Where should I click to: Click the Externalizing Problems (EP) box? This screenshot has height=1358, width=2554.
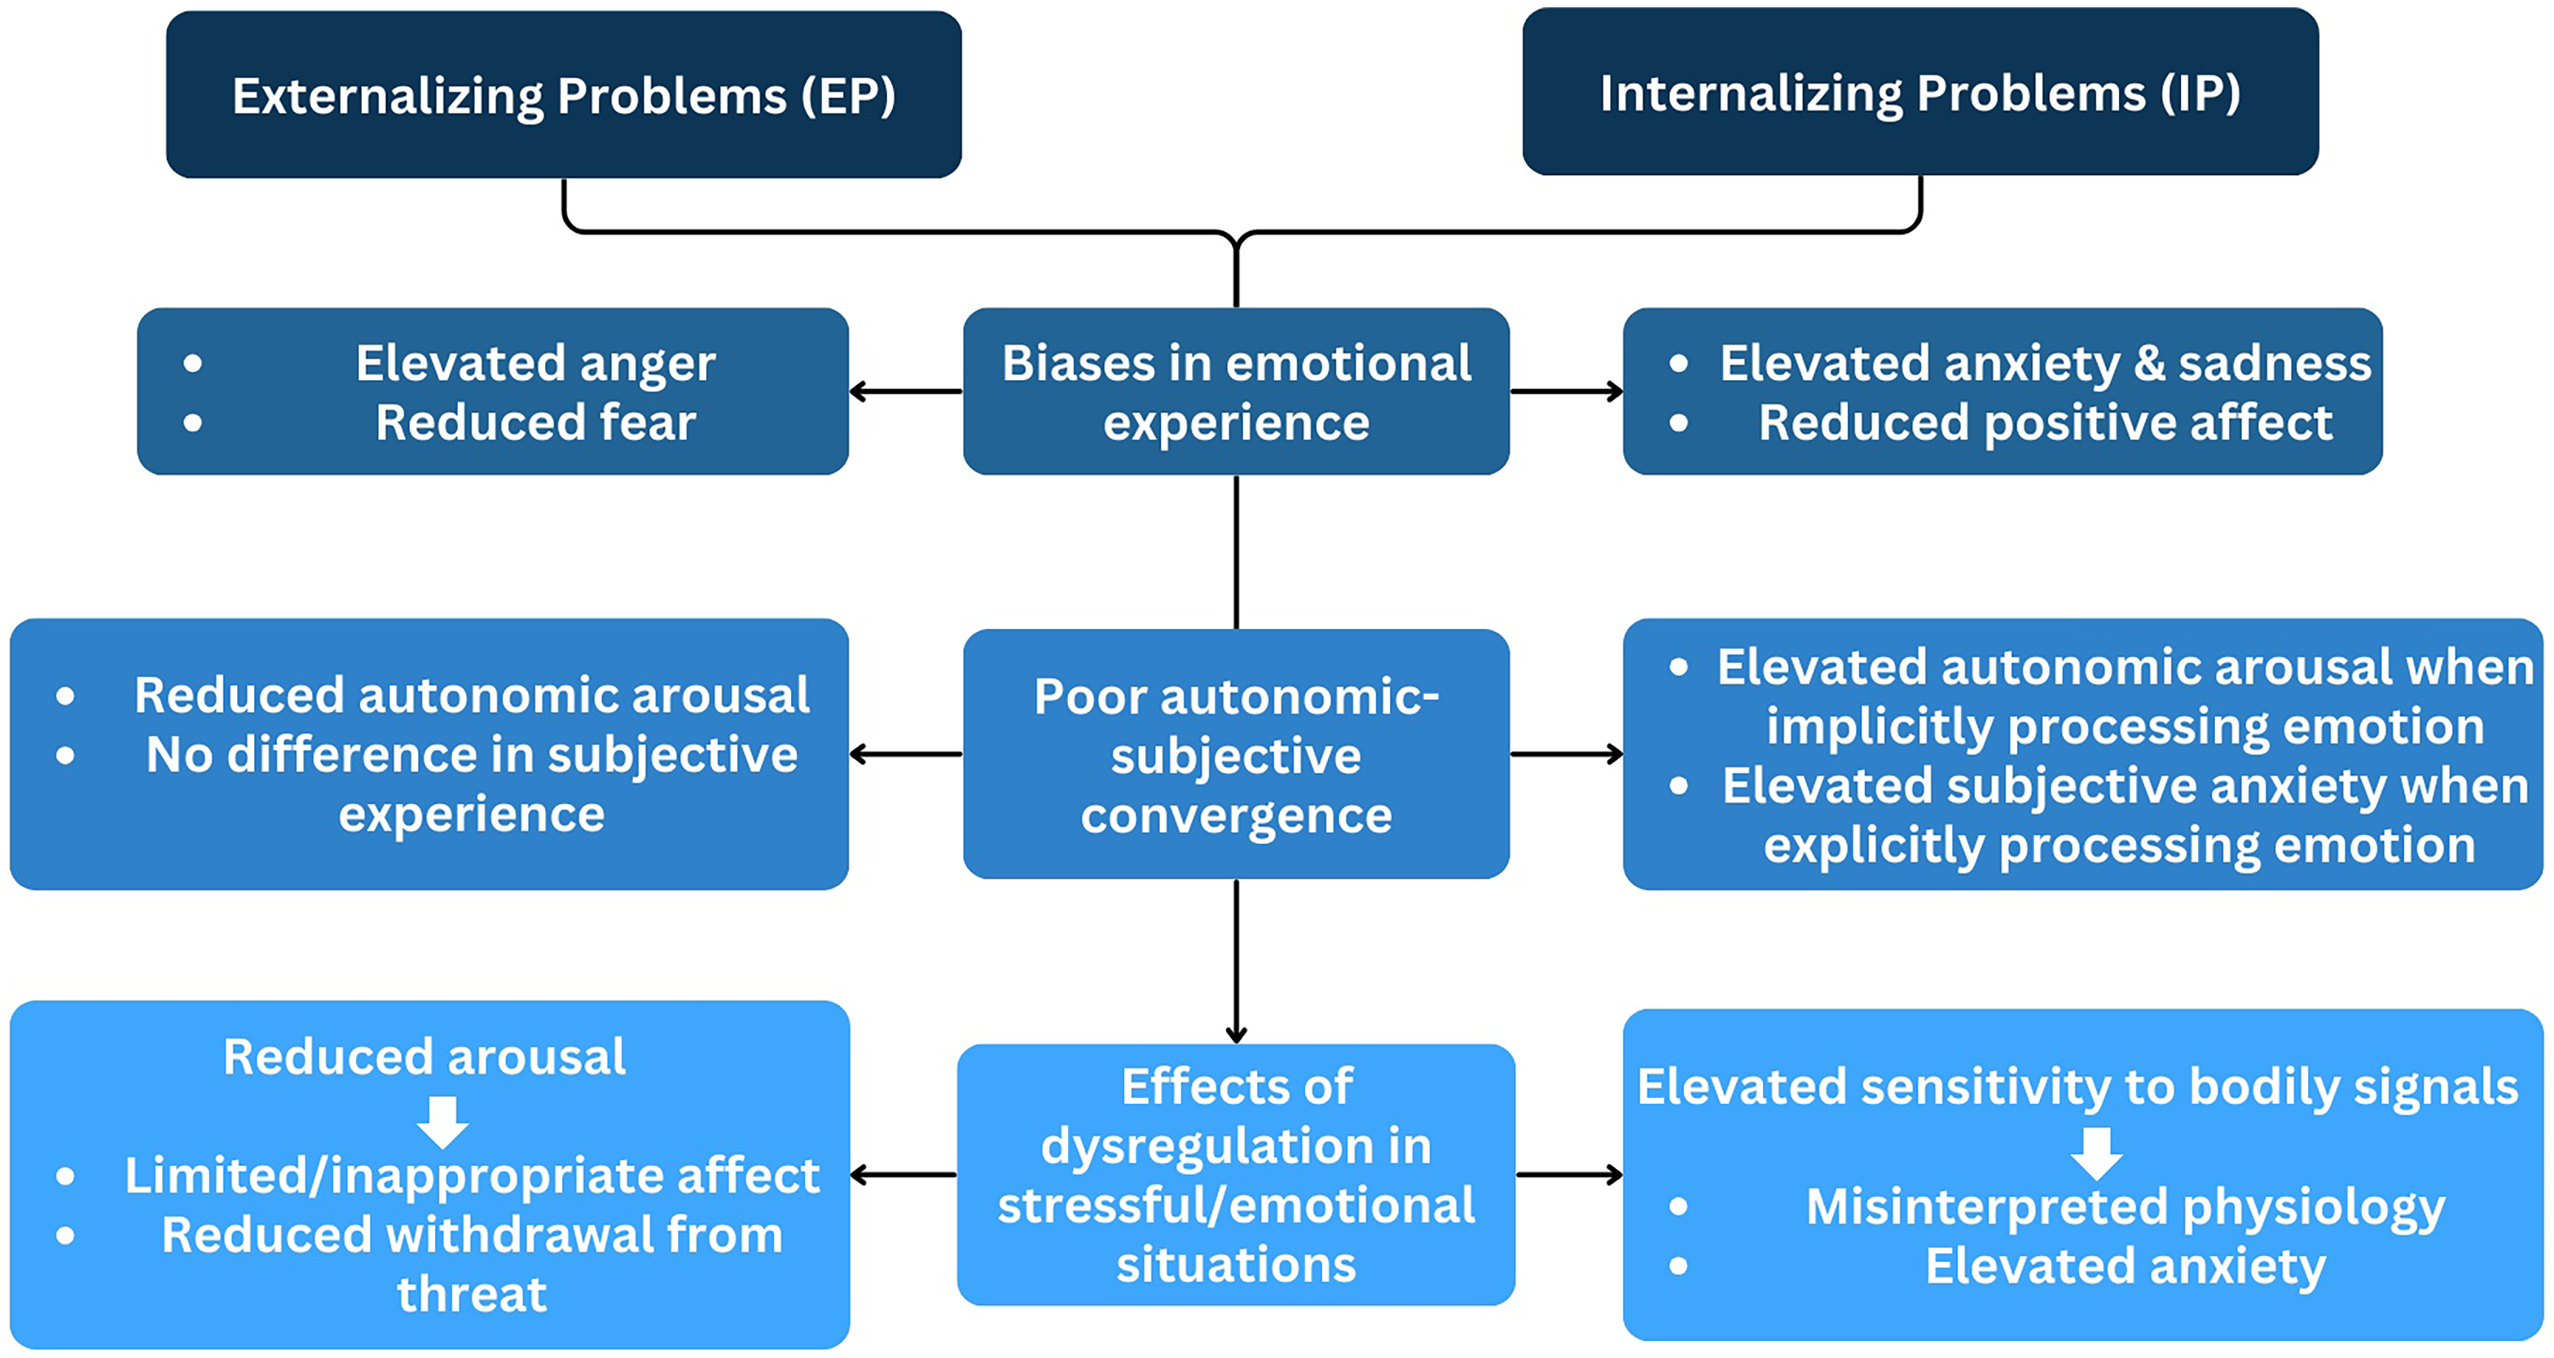pos(563,94)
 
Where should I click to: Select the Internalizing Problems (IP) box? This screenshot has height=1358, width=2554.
pos(1920,92)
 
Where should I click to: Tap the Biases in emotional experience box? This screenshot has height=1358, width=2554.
pos(1236,392)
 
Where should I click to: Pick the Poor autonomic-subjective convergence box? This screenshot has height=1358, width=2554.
pos(1236,754)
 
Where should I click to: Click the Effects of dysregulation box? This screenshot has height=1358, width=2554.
pos(1236,1175)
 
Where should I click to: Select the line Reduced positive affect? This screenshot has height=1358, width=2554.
pos(2046,423)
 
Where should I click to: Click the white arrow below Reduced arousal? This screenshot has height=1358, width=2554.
pos(442,1122)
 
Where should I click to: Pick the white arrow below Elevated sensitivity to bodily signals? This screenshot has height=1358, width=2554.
pos(2096,1153)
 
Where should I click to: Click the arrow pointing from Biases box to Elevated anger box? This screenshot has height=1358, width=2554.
pos(906,392)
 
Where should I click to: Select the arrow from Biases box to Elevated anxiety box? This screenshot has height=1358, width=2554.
pos(1567,392)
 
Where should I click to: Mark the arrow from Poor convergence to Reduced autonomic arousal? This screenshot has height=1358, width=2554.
pos(906,754)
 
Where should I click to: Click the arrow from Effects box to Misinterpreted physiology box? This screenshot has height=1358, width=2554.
pos(1570,1175)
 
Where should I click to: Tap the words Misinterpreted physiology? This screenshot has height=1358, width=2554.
pos(2126,1206)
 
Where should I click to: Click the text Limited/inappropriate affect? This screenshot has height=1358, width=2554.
pos(472,1176)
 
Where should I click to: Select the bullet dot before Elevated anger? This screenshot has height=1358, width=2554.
pos(193,364)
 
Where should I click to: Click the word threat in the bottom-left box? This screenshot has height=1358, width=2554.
pos(472,1294)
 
